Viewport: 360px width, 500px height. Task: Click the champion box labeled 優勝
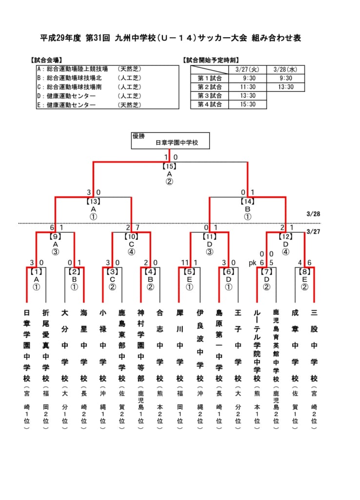pyautogui.click(x=170, y=141)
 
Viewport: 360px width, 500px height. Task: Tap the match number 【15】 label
pyautogui.click(x=169, y=166)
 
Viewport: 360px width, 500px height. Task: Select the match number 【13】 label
pyautogui.click(x=93, y=201)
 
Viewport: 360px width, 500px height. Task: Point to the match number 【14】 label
pyautogui.click(x=247, y=201)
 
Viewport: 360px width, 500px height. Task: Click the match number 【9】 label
pyautogui.click(x=56, y=236)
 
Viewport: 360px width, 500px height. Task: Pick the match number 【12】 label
pyautogui.click(x=285, y=236)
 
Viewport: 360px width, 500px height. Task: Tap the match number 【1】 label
pyautogui.click(x=36, y=271)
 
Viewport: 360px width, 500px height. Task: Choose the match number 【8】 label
pyautogui.click(x=304, y=271)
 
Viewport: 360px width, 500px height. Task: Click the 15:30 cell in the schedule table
pyautogui.click(x=247, y=104)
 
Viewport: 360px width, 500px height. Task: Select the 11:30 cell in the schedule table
pyautogui.click(x=247, y=87)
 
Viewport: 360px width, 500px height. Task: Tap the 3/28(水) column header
pyautogui.click(x=285, y=69)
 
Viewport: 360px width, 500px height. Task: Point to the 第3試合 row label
pyautogui.click(x=210, y=96)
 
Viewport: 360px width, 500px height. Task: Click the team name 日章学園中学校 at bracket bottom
pyautogui.click(x=27, y=345)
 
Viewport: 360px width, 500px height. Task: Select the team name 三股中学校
pyautogui.click(x=314, y=345)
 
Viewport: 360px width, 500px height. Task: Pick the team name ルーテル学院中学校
pyautogui.click(x=257, y=345)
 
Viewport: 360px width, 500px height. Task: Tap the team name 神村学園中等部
pyautogui.click(x=141, y=345)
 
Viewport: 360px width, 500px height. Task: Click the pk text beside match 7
pyautogui.click(x=253, y=263)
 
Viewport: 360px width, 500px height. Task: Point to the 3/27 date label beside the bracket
pyautogui.click(x=313, y=231)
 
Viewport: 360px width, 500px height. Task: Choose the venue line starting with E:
pyautogui.click(x=89, y=105)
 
